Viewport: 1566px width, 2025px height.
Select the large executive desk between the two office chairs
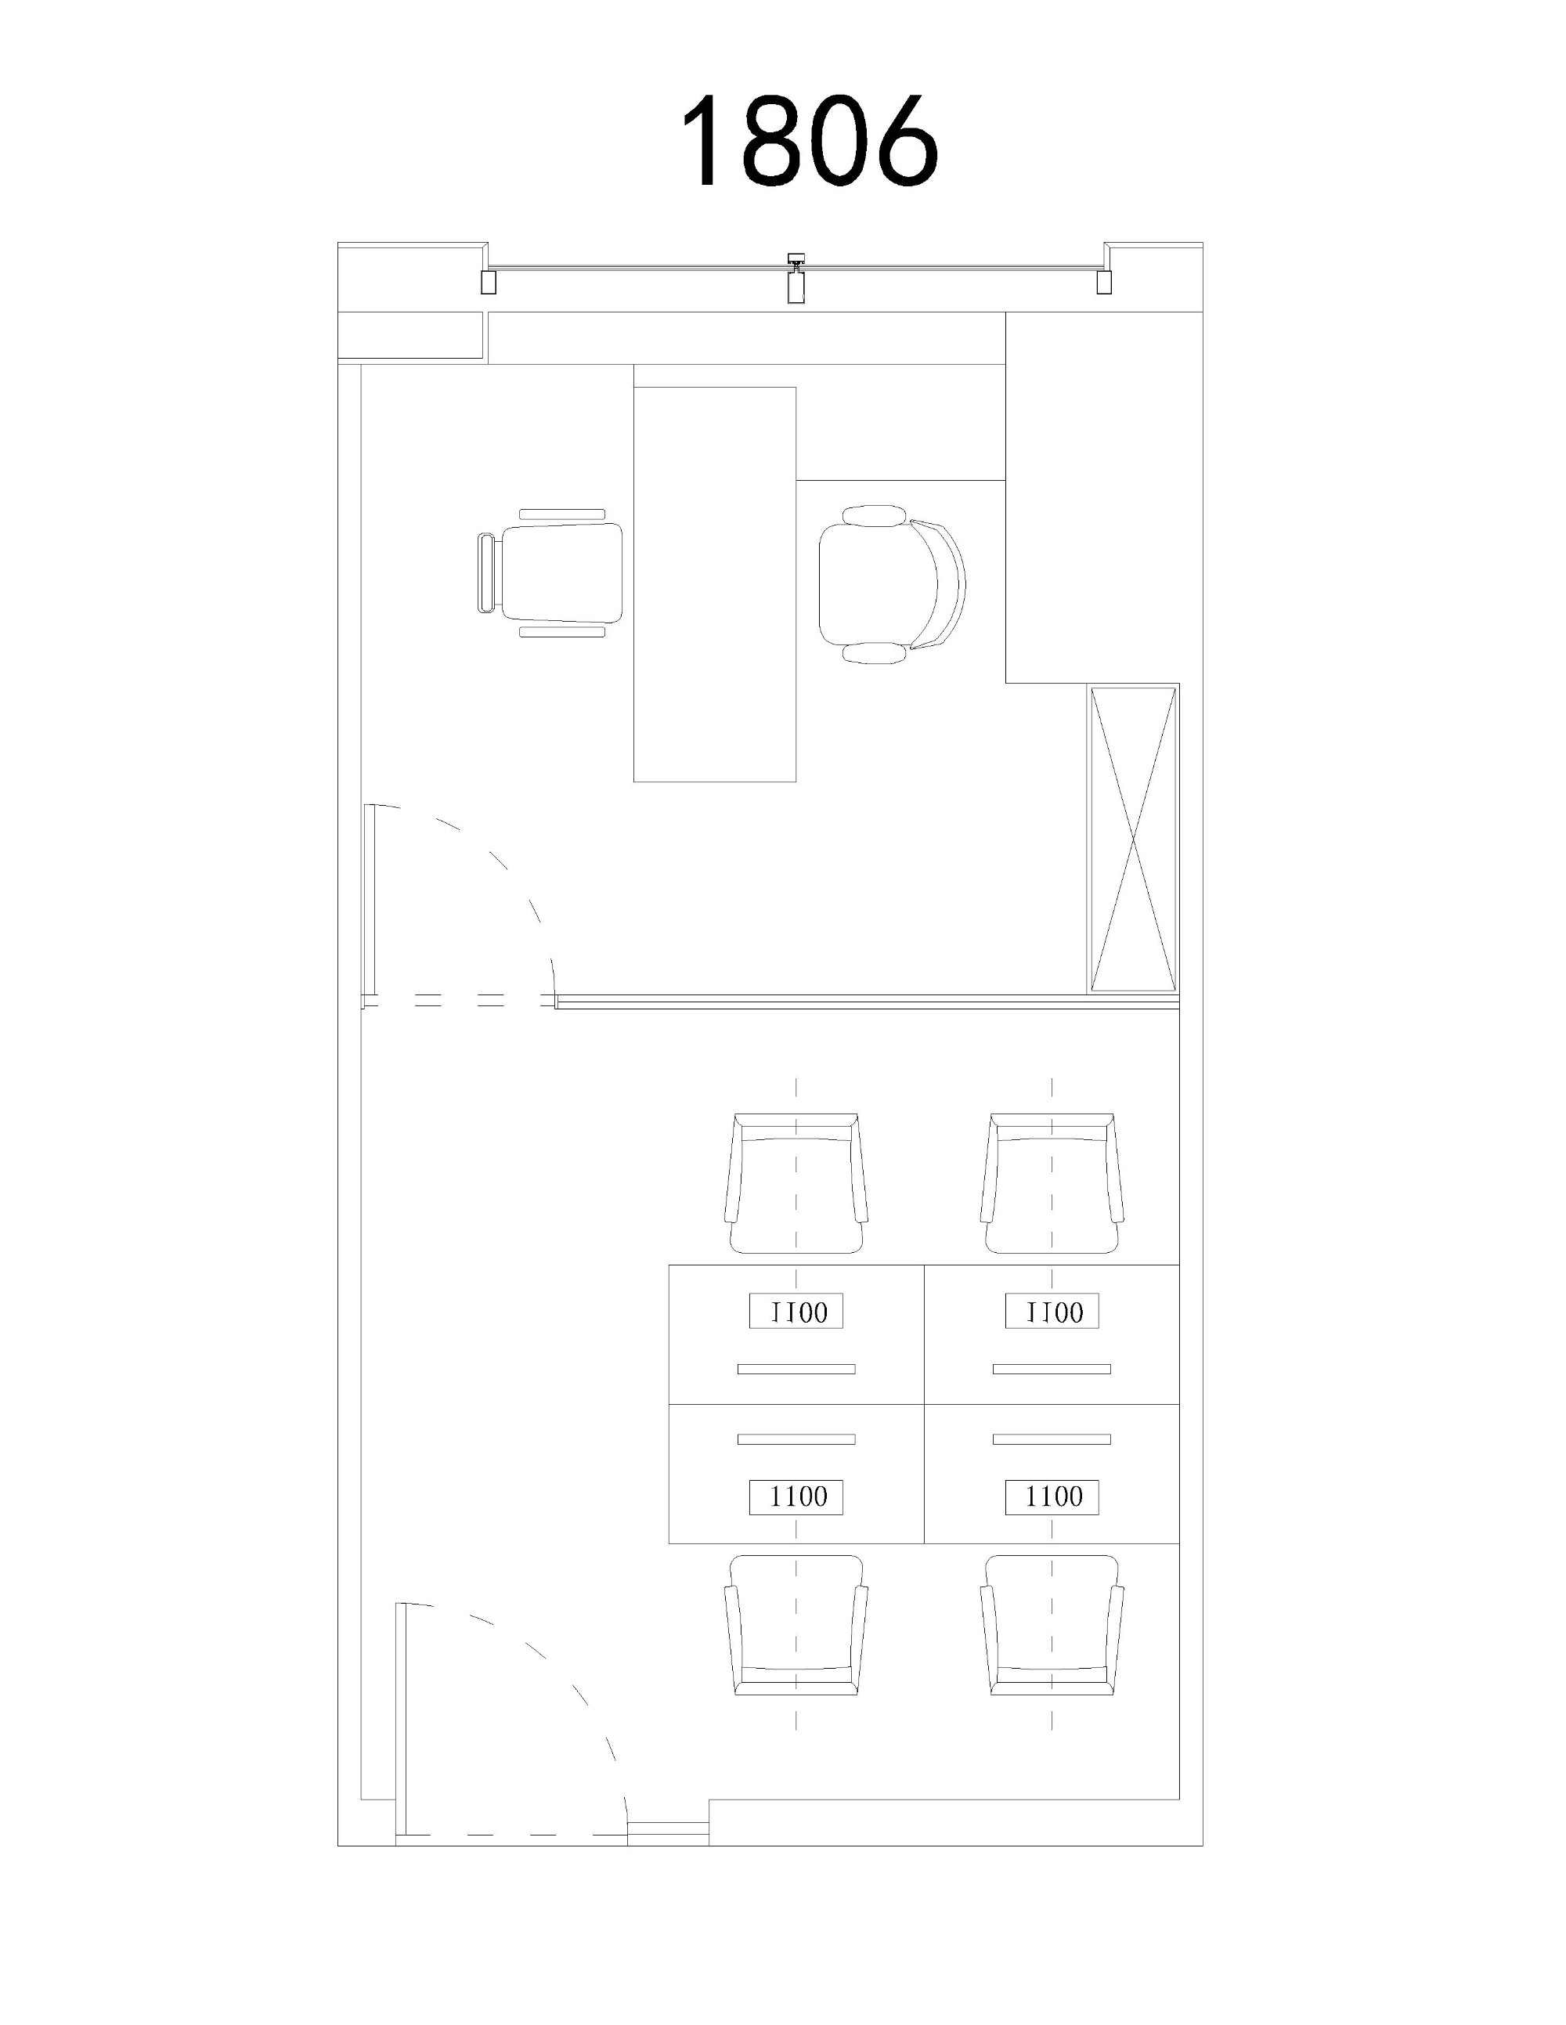(715, 584)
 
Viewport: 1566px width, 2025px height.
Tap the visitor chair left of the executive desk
(550, 573)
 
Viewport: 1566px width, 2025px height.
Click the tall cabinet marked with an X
(1133, 840)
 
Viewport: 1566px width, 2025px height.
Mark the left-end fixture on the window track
(489, 282)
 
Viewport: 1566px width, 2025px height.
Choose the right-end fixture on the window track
(1103, 282)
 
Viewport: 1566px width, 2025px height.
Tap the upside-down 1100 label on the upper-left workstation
(796, 1311)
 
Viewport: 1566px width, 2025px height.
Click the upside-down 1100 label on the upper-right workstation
(1052, 1311)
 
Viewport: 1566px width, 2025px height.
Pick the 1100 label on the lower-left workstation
(796, 1496)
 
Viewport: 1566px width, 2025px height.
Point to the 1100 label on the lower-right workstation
(1052, 1496)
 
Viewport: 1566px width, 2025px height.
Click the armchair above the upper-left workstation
(796, 1184)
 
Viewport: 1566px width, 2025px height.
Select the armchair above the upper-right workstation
(1052, 1184)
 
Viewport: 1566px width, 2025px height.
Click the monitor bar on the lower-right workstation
(1052, 1439)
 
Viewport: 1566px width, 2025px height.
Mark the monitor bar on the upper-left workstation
(796, 1369)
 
